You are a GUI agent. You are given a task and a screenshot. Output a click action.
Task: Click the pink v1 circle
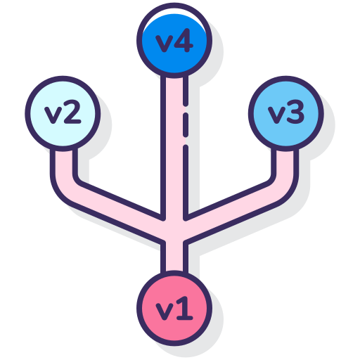[x=174, y=308]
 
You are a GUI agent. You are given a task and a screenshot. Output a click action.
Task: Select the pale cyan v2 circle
[x=63, y=114]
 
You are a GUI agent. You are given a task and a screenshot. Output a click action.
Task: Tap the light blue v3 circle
[x=286, y=114]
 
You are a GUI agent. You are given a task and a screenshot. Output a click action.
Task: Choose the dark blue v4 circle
[x=174, y=40]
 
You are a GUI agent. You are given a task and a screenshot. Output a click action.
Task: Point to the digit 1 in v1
[x=185, y=308]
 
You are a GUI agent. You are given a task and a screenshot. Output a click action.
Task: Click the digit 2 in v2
[x=72, y=112]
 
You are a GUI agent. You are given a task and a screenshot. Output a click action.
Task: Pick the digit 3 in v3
[x=295, y=112]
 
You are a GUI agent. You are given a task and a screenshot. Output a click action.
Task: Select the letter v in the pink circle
[x=165, y=311]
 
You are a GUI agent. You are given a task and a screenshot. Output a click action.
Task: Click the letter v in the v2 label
[x=53, y=115]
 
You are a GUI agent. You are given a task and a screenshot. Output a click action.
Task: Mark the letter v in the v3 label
[x=276, y=115]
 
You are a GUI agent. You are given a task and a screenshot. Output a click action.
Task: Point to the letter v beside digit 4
[x=165, y=44]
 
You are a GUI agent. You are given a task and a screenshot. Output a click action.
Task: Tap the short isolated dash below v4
[x=186, y=124]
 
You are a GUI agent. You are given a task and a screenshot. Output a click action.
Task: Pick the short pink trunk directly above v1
[x=174, y=257]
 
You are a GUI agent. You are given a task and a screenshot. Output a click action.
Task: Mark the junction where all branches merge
[x=174, y=231]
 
